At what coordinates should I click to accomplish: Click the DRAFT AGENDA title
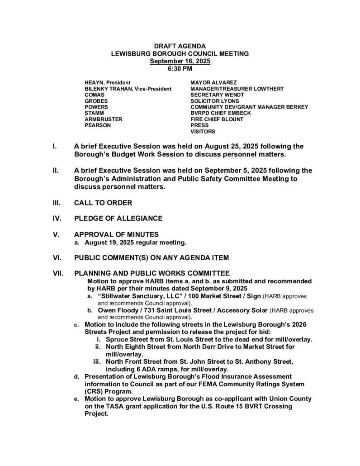pos(180,47)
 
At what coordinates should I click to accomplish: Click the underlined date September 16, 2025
pos(180,61)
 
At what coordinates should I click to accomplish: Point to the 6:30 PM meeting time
pos(180,69)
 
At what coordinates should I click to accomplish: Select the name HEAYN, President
pos(108,83)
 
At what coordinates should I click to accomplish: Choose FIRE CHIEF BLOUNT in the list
pos(217,119)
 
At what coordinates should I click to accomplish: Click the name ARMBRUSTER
pos(104,119)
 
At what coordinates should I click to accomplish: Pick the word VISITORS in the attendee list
pos(203,132)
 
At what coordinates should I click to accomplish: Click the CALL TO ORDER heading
pos(103,203)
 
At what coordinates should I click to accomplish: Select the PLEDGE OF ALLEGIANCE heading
pos(118,219)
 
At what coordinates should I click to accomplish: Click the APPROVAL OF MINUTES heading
pos(116,234)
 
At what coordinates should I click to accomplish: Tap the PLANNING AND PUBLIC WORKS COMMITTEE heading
pos(152,273)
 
